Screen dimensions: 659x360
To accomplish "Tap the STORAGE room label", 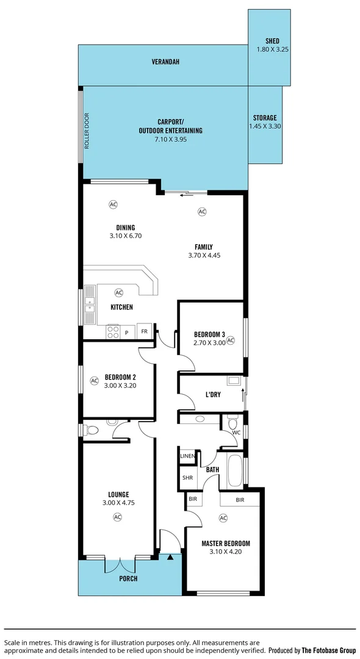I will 265,118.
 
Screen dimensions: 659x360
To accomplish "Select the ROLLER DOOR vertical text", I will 87,131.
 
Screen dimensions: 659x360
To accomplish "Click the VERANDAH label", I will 166,62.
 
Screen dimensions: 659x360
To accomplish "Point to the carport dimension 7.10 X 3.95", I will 170,140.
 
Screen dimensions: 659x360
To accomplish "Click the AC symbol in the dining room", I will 113,204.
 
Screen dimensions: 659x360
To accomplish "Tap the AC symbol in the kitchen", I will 118,293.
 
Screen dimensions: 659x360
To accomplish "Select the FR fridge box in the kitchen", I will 145,331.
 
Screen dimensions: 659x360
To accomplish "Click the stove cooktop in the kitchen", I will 113,331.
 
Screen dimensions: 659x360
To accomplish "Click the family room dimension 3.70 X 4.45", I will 204,256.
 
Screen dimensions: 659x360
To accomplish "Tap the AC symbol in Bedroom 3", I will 231,341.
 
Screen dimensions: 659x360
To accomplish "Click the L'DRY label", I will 213,395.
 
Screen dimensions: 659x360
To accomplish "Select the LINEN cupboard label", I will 187,456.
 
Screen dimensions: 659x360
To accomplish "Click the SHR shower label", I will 187,478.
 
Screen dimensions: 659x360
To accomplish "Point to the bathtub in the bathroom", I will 234,470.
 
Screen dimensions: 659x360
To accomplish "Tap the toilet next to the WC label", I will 232,422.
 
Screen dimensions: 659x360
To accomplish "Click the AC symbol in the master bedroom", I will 223,518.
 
